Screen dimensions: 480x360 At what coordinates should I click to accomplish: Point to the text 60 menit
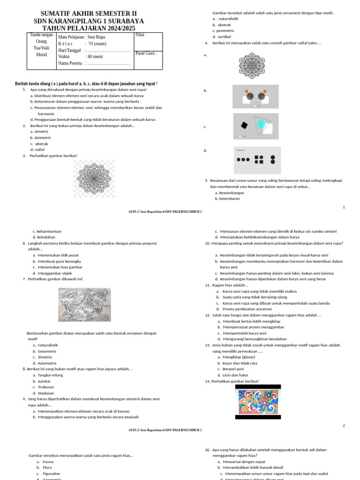[96, 57]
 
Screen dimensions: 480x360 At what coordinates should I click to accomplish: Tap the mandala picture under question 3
[94, 178]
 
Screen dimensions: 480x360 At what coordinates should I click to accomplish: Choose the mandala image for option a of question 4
[255, 65]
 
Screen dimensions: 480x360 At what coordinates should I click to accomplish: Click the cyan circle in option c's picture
[261, 124]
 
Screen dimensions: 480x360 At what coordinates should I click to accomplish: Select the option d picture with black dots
[256, 160]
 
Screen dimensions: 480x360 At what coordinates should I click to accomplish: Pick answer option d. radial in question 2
[40, 150]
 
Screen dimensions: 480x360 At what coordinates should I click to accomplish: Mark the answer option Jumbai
[45, 381]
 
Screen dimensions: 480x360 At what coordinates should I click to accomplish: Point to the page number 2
[344, 426]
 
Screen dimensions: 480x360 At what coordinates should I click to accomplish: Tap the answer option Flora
[47, 467]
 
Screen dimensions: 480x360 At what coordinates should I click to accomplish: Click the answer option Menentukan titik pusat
[61, 255]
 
